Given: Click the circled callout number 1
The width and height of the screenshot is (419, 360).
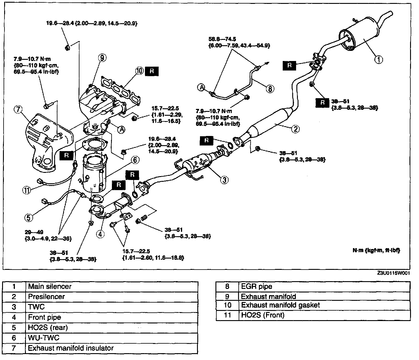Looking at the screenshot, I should [379, 60].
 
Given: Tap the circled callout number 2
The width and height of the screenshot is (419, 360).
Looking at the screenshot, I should [295, 129].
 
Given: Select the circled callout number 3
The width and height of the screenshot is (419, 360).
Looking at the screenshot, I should [224, 179].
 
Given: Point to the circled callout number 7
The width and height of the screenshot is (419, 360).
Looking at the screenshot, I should [18, 110].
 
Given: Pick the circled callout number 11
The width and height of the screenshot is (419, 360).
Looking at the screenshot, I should [27, 190].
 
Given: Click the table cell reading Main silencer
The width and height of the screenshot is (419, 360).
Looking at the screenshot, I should [112, 287].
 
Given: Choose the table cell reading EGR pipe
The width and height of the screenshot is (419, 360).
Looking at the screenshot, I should [324, 287].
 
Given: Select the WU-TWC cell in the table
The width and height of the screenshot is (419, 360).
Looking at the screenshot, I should [112, 338].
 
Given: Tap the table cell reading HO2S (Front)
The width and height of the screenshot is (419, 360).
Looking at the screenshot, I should [324, 315].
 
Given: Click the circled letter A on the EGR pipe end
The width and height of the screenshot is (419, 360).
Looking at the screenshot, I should [201, 87].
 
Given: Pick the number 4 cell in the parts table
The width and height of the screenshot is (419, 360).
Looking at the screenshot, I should [14, 317].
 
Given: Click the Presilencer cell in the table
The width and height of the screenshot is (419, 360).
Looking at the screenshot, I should [112, 297].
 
